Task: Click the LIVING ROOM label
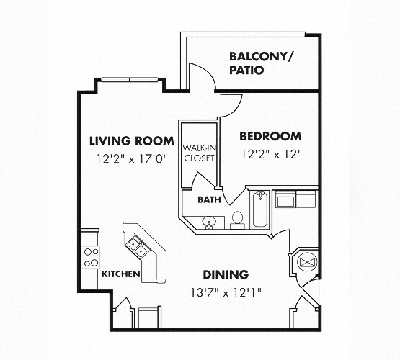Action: pyautogui.click(x=131, y=140)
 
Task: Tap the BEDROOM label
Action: pyautogui.click(x=270, y=136)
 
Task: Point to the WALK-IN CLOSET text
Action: pyautogui.click(x=198, y=153)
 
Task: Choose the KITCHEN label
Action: pyautogui.click(x=120, y=274)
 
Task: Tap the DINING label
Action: pyautogui.click(x=225, y=274)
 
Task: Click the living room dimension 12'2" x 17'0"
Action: pyautogui.click(x=128, y=159)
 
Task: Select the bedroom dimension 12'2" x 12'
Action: pyautogui.click(x=270, y=154)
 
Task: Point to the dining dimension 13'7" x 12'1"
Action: pyautogui.click(x=226, y=292)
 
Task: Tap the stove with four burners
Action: pyautogui.click(x=90, y=257)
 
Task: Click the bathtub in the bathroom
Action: pyautogui.click(x=259, y=210)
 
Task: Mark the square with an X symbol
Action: pyautogui.click(x=305, y=261)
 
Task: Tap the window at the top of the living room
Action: pyautogui.click(x=130, y=78)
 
